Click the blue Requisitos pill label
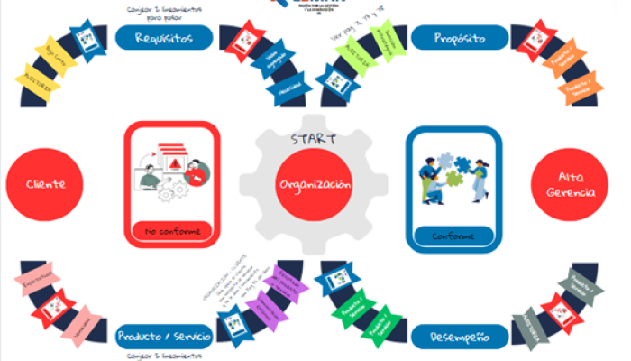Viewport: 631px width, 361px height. tap(165, 38)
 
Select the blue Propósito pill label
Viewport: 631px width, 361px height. tap(460, 39)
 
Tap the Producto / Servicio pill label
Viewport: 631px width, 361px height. tap(165, 337)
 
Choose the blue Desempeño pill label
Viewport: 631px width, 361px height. tap(460, 337)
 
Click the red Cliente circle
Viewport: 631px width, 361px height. tap(47, 183)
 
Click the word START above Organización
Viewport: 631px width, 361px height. tap(312, 140)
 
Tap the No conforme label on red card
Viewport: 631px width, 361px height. tap(172, 233)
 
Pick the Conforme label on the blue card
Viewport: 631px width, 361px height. tap(453, 236)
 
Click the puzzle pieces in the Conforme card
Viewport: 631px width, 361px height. tap(453, 176)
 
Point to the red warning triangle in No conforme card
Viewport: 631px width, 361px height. tap(173, 162)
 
